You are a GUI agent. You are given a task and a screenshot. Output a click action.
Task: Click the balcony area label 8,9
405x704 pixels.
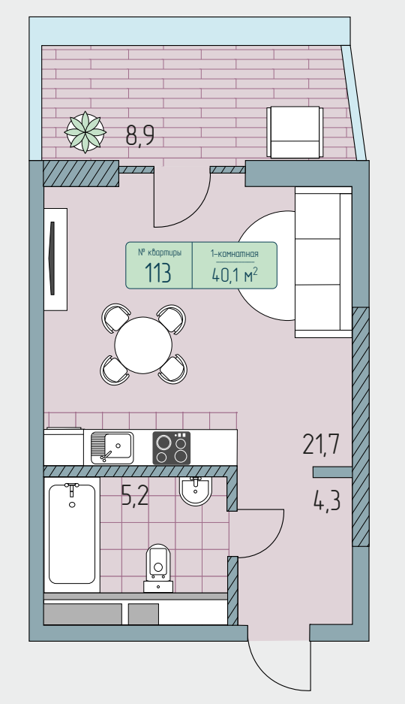point(140,135)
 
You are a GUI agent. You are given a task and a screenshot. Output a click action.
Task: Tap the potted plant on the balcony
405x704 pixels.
point(85,132)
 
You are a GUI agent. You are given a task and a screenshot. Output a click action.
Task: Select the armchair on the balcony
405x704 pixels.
point(295,132)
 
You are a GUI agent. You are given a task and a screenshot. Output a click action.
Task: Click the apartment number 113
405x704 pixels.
point(157,273)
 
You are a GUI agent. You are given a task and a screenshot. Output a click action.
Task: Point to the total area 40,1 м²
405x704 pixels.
point(235,274)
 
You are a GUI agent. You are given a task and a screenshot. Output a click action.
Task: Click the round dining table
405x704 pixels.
point(143,345)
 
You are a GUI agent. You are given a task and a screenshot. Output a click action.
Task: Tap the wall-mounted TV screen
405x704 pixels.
point(52,258)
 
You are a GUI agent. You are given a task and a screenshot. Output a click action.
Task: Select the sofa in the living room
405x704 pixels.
point(323,262)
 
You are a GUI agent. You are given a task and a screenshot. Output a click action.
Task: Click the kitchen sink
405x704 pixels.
point(112,447)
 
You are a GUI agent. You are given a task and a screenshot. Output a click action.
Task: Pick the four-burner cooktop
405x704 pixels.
point(172,448)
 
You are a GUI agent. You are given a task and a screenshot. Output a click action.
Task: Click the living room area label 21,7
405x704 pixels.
point(322,445)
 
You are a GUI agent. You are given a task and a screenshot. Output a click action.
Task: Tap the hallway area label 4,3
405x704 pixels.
point(327,501)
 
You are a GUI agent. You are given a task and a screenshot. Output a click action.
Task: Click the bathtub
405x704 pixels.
point(72,534)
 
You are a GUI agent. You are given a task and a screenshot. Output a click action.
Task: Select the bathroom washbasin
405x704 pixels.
point(195,491)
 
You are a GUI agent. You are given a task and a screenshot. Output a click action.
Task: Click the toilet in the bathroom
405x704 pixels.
point(158,568)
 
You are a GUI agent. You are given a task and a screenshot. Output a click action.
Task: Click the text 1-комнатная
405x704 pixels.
point(235,254)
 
